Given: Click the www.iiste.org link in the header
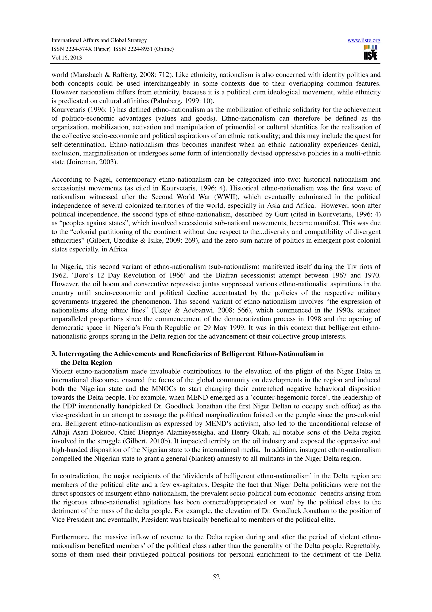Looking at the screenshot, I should (364, 41).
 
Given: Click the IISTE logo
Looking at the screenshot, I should (370, 53).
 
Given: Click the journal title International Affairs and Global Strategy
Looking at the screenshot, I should (99, 40).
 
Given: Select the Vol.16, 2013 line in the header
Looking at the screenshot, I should (66, 58).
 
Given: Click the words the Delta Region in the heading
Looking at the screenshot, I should (86, 363).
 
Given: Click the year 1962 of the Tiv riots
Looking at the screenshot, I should (58, 275).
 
